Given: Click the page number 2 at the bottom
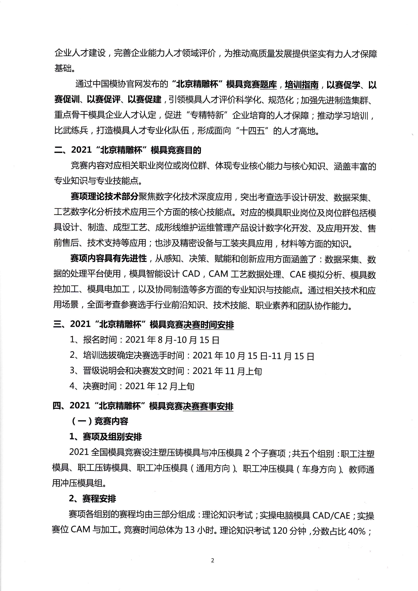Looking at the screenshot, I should pos(212,560).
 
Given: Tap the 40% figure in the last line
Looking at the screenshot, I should pos(356,531).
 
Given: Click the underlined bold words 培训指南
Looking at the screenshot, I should pos(302,85).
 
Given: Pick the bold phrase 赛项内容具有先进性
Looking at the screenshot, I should pos(108,259).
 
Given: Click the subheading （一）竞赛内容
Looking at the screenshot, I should pos(99,421).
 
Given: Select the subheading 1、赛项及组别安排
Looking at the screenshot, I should pos(106,437).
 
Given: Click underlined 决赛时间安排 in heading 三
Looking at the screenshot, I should pos(209,325).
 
